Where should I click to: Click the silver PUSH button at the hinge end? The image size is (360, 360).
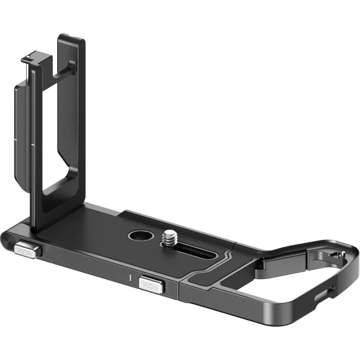(x=26, y=249)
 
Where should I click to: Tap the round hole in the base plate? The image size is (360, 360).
(x=141, y=236)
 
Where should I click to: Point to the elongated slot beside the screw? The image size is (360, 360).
(x=193, y=251)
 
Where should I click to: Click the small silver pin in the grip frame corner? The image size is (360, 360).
(x=342, y=253)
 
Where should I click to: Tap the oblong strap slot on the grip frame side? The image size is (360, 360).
(x=324, y=294)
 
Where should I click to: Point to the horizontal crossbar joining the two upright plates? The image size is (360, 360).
(x=63, y=72)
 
